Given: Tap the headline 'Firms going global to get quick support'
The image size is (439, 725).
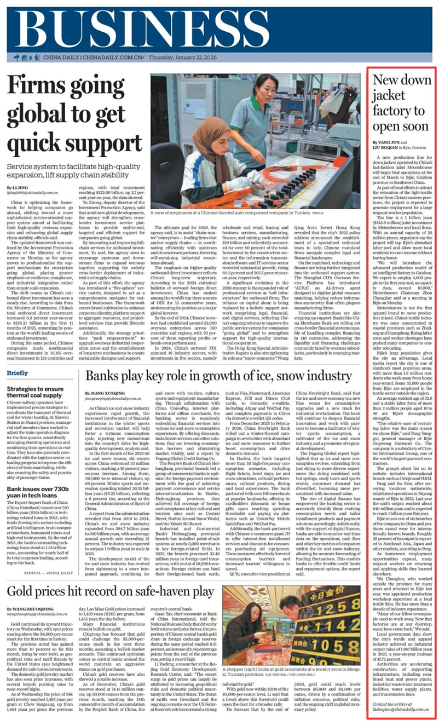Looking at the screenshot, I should point(73,114).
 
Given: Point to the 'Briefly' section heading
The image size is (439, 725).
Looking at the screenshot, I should point(18,373).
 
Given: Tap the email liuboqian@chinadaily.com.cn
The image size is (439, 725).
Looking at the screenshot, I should point(401,709).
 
